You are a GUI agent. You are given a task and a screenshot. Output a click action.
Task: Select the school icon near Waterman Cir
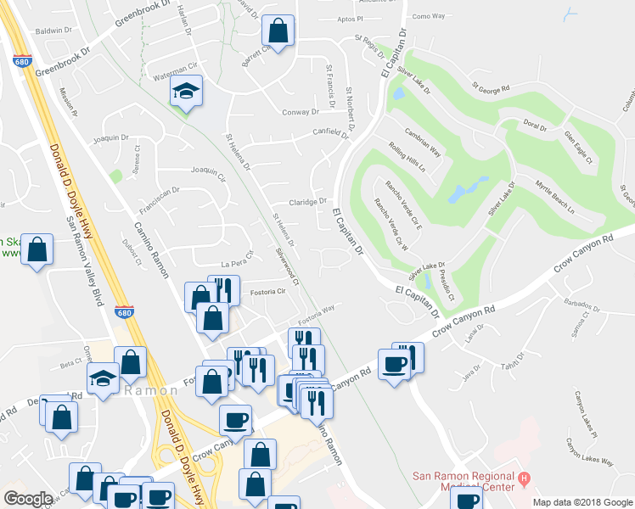click(x=184, y=91)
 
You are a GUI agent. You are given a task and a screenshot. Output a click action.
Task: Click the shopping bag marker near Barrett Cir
click(x=278, y=32)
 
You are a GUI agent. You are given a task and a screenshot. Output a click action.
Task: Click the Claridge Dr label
click(x=307, y=202)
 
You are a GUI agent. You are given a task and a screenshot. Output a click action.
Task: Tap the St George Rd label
click(x=491, y=87)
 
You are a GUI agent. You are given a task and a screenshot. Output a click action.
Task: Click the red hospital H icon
click(x=524, y=479)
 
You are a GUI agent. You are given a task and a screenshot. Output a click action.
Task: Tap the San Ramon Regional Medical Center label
click(x=463, y=482)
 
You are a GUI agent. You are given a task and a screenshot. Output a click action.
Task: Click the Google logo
click(x=28, y=498)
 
